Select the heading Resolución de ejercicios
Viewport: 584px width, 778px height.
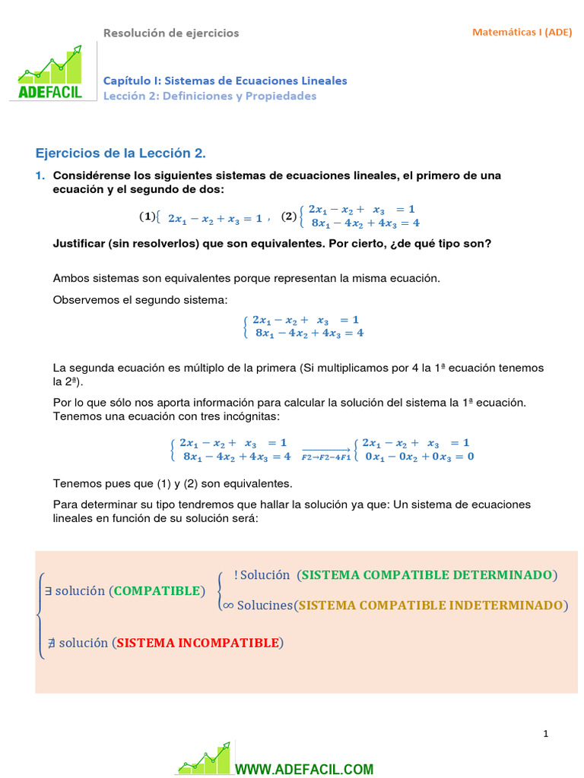click(x=171, y=33)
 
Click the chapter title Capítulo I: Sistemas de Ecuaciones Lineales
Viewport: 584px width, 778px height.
click(x=225, y=81)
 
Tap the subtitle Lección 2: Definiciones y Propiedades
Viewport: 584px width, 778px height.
click(x=210, y=96)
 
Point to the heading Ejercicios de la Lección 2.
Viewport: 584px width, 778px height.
click(x=121, y=153)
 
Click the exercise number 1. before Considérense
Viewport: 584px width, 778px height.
click(x=40, y=176)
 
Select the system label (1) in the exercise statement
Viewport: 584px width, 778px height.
click(x=147, y=217)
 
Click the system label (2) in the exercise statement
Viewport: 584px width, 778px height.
click(x=289, y=217)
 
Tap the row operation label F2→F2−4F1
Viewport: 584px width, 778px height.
click(x=326, y=457)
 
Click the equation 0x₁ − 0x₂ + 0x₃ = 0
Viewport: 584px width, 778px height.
click(x=419, y=456)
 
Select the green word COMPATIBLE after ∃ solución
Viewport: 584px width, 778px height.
click(x=158, y=591)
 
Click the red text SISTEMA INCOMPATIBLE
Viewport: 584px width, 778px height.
click(x=198, y=643)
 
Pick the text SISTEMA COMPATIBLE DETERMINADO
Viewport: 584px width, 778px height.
click(x=427, y=575)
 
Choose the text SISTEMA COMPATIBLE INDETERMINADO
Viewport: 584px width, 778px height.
click(x=431, y=606)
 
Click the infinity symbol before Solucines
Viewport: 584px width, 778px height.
click(x=226, y=606)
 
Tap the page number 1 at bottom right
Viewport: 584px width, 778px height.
click(x=545, y=733)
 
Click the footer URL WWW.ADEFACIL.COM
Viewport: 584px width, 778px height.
click(x=304, y=769)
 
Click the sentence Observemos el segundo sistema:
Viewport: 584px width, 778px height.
click(x=140, y=301)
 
